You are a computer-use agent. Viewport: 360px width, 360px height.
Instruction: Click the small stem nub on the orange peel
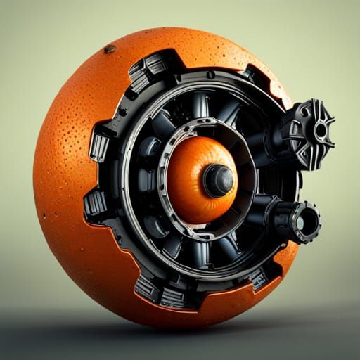[x=110, y=49]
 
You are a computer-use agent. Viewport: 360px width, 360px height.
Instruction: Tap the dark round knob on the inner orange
[x=219, y=181]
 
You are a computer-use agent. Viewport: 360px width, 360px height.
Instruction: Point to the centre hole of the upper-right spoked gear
[x=321, y=130]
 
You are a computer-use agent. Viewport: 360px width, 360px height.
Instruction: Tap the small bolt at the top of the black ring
[x=210, y=75]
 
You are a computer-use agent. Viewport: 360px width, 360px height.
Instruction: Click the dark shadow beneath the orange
[x=183, y=330]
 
